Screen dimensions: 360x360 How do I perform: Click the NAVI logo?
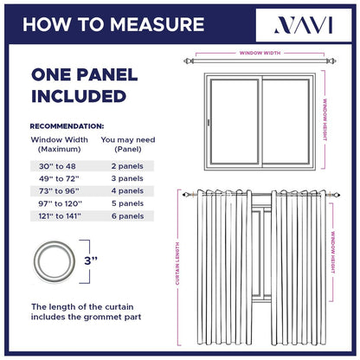pos(299,24)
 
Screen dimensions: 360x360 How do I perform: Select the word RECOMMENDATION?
pos(67,125)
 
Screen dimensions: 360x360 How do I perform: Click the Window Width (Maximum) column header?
pos(59,144)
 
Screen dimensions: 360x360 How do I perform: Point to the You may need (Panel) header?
pos(125,144)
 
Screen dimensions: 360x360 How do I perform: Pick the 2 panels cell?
pos(126,165)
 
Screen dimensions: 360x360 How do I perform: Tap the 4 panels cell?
pos(126,190)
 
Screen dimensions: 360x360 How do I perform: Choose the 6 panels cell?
pos(126,215)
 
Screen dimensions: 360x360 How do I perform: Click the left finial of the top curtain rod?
pos(190,62)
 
